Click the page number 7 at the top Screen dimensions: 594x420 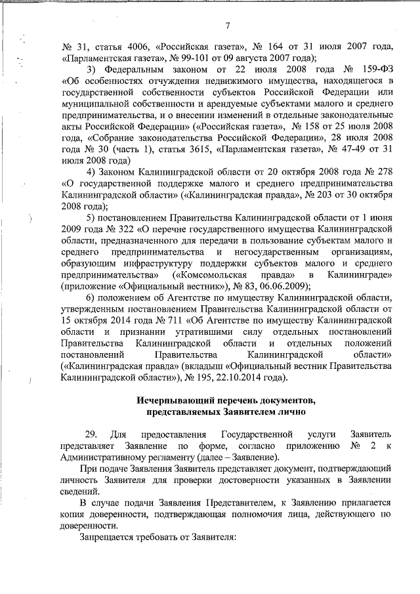(226, 26)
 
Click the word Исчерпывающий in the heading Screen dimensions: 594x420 (170, 400)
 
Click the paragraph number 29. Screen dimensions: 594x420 (92, 435)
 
